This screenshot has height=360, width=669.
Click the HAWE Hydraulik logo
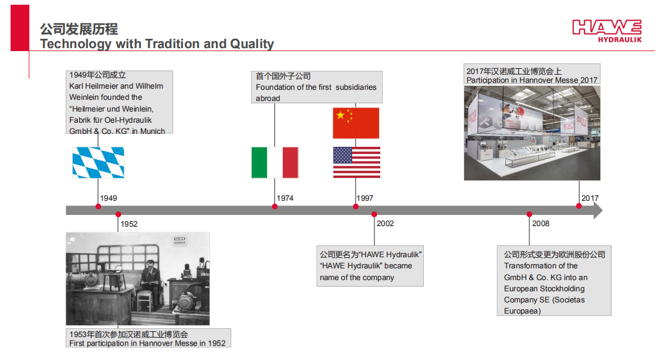pyautogui.click(x=607, y=31)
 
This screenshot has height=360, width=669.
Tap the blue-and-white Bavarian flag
pyautogui.click(x=98, y=162)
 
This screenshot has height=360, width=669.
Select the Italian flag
pyautogui.click(x=275, y=162)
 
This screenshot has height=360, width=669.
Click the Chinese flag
pyautogui.click(x=356, y=123)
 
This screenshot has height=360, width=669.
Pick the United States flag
pyautogui.click(x=357, y=162)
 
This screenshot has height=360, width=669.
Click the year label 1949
pyautogui.click(x=109, y=198)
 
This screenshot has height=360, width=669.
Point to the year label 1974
pyautogui.click(x=285, y=198)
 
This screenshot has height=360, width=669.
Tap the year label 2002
pyautogui.click(x=386, y=223)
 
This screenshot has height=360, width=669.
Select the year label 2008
pyautogui.click(x=540, y=223)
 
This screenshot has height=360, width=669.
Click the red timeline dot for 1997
pyautogui.click(x=356, y=207)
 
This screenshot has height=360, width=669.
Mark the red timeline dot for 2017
pyautogui.click(x=579, y=206)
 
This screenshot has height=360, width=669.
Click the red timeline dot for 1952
pyautogui.click(x=118, y=214)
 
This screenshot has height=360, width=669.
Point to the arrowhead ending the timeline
pyautogui.click(x=598, y=210)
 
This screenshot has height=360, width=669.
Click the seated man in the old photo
pyautogui.click(x=151, y=282)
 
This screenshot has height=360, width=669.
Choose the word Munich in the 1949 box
pyautogui.click(x=153, y=131)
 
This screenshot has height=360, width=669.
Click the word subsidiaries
pyautogui.click(x=356, y=87)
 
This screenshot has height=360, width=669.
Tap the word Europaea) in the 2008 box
pyautogui.click(x=522, y=311)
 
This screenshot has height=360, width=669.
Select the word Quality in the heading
pyautogui.click(x=252, y=44)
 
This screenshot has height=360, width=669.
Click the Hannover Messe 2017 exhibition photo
pyautogui.click(x=532, y=133)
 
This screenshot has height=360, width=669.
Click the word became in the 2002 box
pyautogui.click(x=398, y=265)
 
